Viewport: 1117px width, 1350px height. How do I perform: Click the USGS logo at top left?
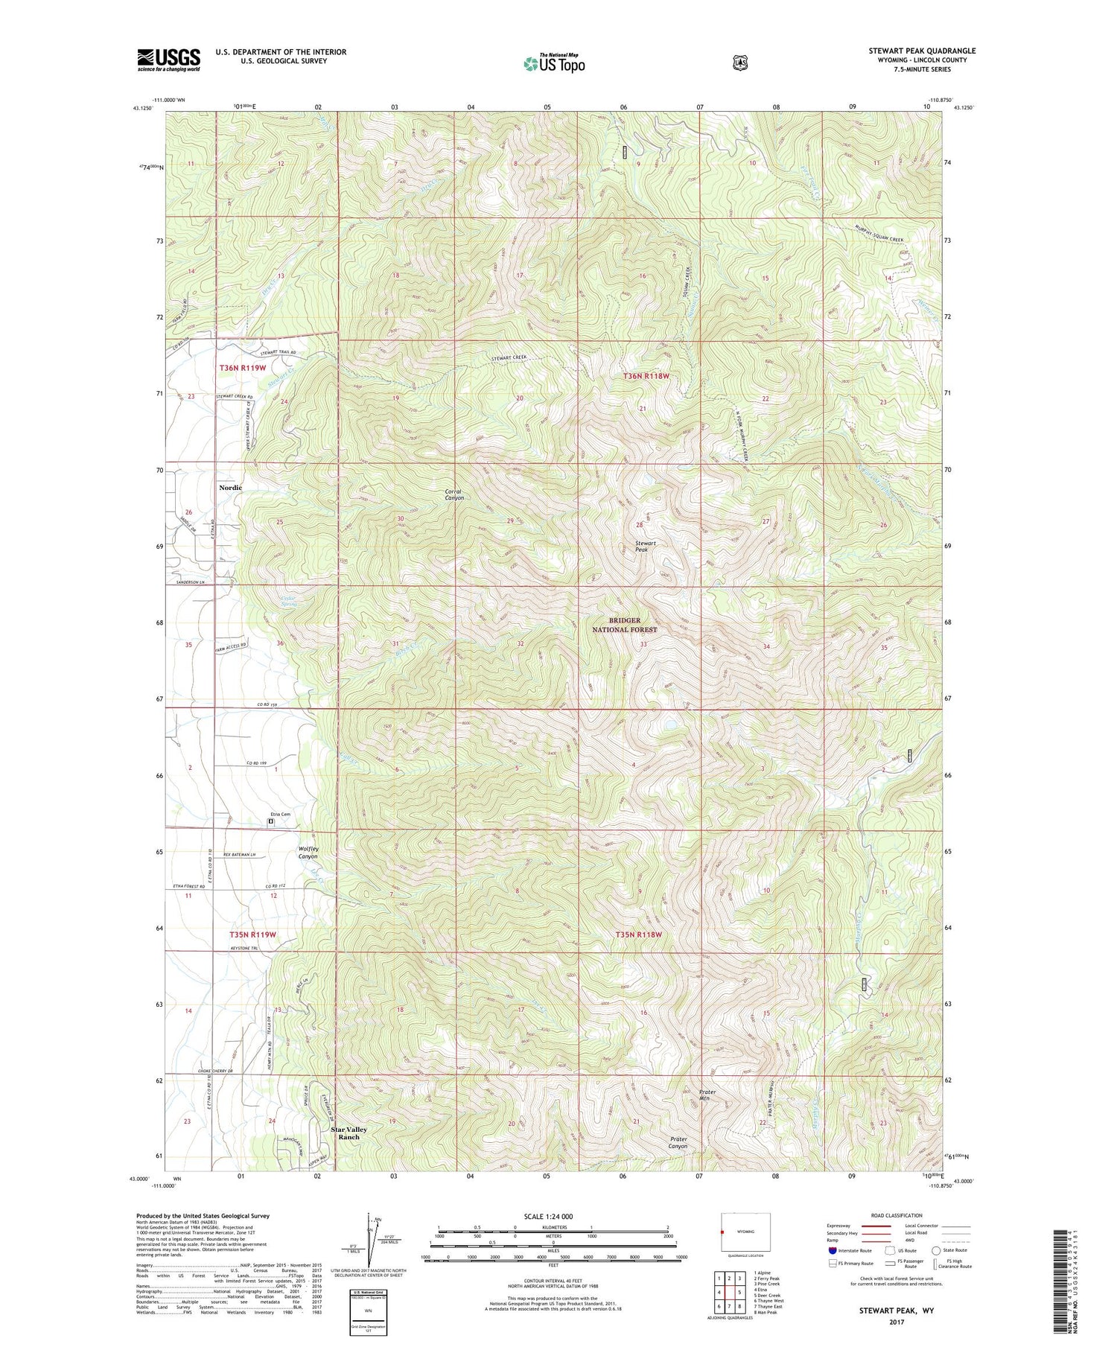[168, 60]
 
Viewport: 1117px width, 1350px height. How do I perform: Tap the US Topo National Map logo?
[554, 63]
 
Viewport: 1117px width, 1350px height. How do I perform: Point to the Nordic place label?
[230, 487]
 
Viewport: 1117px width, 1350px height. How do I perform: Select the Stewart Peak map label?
[645, 547]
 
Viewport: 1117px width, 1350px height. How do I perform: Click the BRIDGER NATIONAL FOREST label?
[624, 625]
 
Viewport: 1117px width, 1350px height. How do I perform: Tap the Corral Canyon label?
[454, 494]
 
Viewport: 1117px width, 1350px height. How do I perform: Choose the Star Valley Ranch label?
[349, 1133]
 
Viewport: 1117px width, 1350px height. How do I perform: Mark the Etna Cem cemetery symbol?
[271, 821]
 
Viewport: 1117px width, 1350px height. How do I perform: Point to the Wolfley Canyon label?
[308, 853]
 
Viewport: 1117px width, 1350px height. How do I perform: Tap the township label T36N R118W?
[646, 377]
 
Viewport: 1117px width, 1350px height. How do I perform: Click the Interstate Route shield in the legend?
[833, 1250]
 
